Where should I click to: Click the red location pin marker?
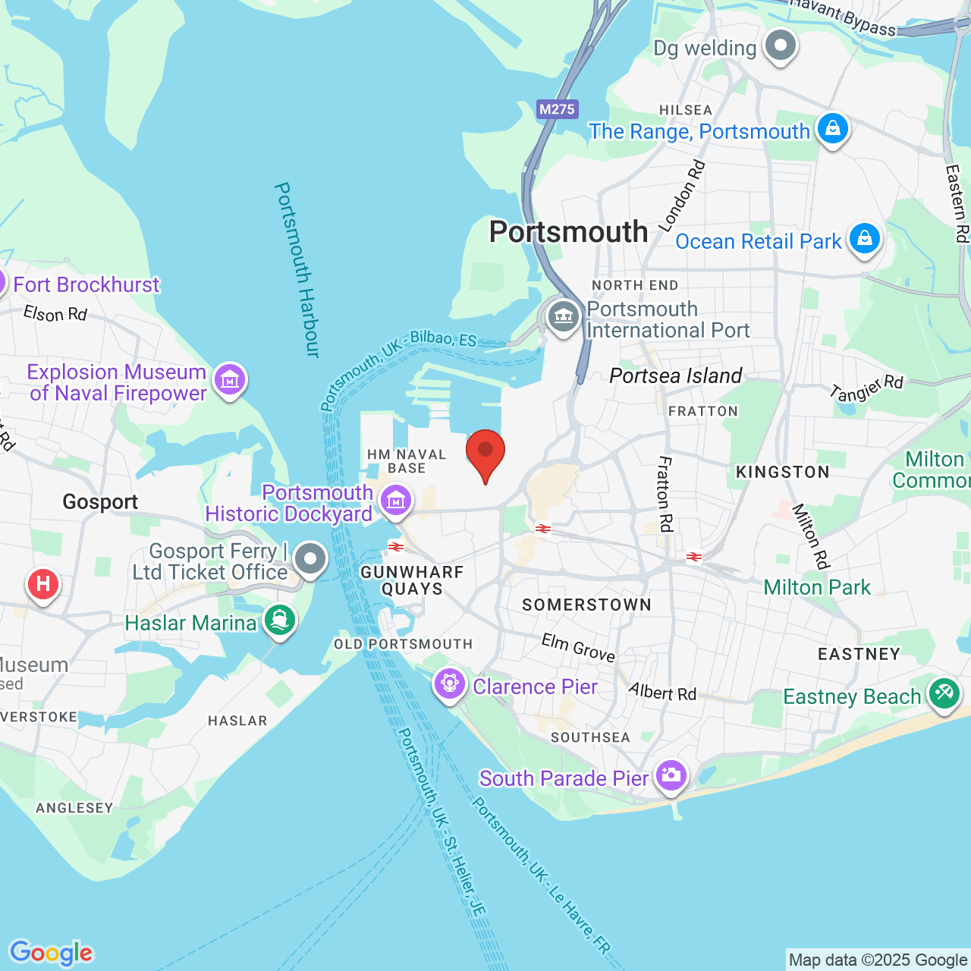[x=485, y=452]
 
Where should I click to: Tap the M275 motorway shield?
[x=557, y=109]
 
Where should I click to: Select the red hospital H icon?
[x=43, y=584]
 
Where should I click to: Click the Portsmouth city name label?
[x=568, y=231]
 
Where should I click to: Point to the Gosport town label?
[x=100, y=501]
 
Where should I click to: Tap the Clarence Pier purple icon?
[x=450, y=684]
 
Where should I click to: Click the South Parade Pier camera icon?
[x=671, y=775]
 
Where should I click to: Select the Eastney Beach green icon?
[x=944, y=693]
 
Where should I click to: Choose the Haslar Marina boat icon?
[x=280, y=621]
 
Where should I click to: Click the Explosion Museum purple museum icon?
[x=229, y=379]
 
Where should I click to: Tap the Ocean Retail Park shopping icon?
[x=864, y=239]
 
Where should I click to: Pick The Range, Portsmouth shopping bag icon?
[x=832, y=129]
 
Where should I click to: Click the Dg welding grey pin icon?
[x=780, y=46]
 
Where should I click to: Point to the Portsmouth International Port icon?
[x=563, y=316]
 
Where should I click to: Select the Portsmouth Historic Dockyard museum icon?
[x=396, y=501]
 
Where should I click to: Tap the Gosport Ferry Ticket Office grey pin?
[x=310, y=560]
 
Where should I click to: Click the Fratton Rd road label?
[x=665, y=494]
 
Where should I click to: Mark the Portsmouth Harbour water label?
[x=297, y=269]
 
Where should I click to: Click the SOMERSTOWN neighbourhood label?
[x=586, y=605]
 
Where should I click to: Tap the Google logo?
[x=52, y=953]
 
